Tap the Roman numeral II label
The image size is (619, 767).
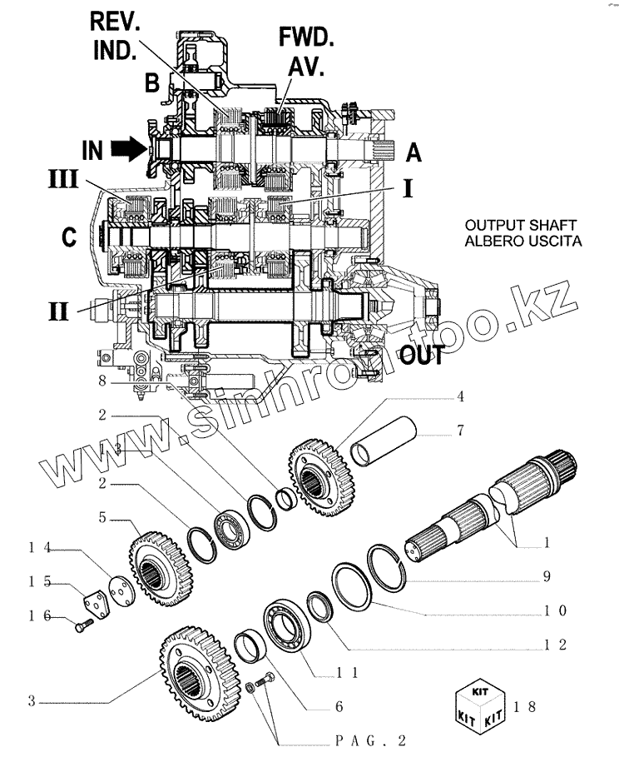point(59,310)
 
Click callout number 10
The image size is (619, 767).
point(555,612)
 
